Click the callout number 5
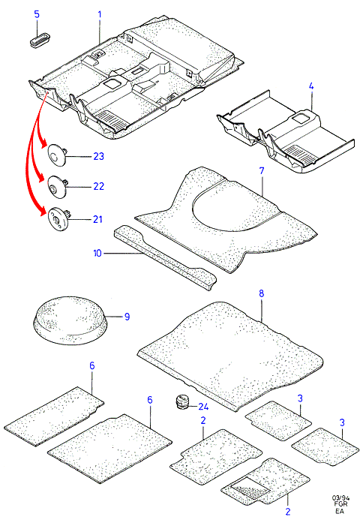click(x=37, y=14)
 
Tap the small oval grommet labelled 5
click(x=39, y=39)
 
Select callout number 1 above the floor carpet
click(x=99, y=14)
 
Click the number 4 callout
click(x=311, y=86)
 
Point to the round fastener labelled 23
click(x=57, y=154)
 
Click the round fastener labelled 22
click(x=57, y=187)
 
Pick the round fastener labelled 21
click(x=58, y=219)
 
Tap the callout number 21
click(x=97, y=219)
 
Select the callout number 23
click(x=99, y=156)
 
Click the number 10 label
click(x=97, y=253)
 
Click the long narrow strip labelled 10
click(x=165, y=257)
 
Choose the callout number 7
click(x=262, y=171)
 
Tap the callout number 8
click(x=261, y=293)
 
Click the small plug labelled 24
click(x=181, y=401)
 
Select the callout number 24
click(x=203, y=407)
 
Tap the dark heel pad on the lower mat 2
click(x=250, y=487)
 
